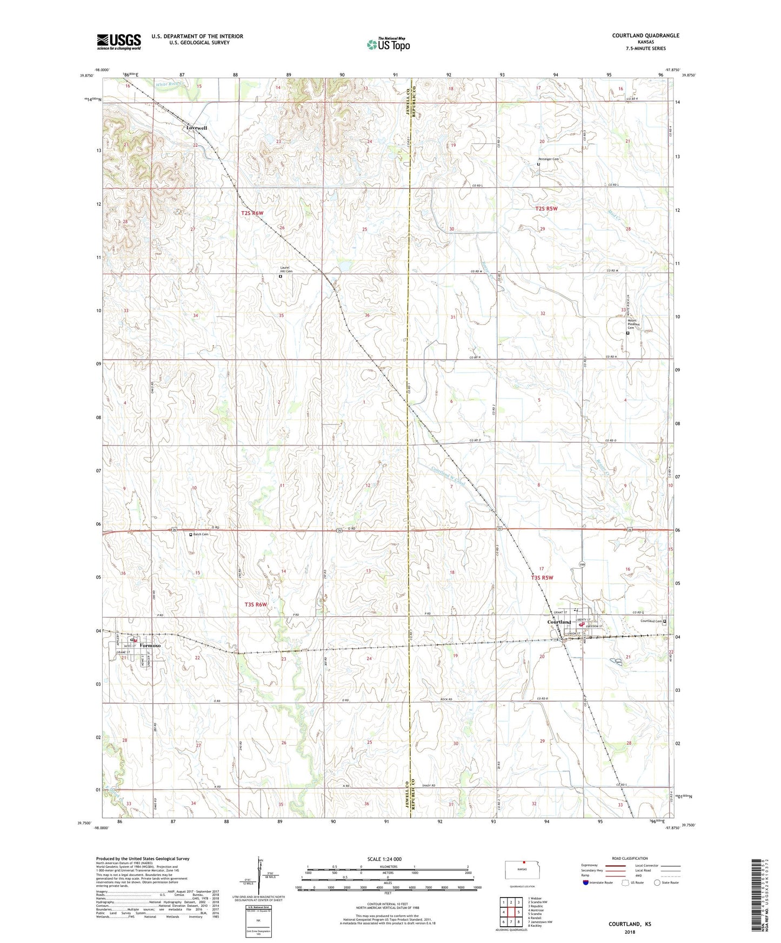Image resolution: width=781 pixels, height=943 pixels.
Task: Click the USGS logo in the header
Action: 119,42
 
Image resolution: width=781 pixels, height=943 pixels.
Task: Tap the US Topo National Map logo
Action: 388,44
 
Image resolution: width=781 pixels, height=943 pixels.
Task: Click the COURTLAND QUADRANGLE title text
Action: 645,36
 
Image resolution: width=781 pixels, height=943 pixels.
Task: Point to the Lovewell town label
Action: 196,127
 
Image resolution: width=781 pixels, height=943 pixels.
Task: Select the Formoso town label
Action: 150,645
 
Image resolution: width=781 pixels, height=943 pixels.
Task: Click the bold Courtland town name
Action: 559,622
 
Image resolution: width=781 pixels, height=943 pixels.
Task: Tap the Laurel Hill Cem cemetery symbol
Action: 280,276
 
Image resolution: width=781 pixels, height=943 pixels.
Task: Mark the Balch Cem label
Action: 201,534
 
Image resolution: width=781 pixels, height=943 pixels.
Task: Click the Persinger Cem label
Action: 548,159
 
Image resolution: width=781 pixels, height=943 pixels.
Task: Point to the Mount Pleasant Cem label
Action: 632,324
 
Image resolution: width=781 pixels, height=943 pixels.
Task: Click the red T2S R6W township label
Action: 252,213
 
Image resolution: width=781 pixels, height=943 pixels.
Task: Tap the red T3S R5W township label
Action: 542,577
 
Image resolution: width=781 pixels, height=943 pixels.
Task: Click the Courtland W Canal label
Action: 448,475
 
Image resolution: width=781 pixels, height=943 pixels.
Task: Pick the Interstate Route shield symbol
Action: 585,883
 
